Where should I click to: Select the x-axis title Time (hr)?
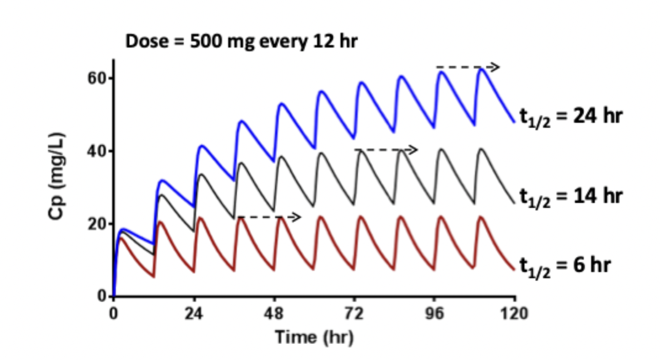(314, 337)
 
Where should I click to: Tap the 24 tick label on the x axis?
(194, 313)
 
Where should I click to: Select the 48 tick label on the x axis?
(274, 313)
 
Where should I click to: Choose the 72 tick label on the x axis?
(355, 313)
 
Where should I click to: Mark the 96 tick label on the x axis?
(435, 313)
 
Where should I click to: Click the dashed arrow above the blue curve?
(467, 67)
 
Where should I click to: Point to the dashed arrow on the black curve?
(386, 149)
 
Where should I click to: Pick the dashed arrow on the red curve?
(269, 216)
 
